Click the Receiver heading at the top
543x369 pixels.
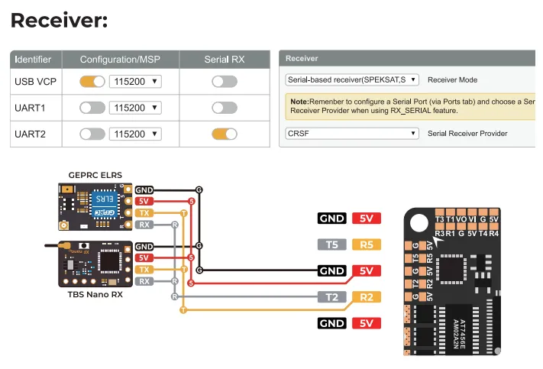pos(59,20)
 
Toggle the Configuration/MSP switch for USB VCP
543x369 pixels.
pos(92,81)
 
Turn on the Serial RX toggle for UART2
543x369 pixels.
pos(225,134)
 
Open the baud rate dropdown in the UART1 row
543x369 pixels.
pos(135,108)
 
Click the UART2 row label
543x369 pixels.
pos(31,134)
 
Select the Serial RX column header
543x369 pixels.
pos(225,59)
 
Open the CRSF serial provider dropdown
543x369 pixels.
pos(352,133)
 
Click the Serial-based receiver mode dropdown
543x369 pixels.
pos(352,79)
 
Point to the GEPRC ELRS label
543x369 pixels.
pos(95,175)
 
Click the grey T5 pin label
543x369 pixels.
pos(332,245)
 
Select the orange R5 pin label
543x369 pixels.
pos(366,245)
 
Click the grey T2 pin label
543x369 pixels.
pos(332,297)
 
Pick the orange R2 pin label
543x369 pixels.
pos(366,297)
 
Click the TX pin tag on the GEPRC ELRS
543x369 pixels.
pos(144,212)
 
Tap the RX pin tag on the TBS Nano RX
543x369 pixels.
pos(144,281)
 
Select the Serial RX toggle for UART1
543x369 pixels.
pos(225,108)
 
